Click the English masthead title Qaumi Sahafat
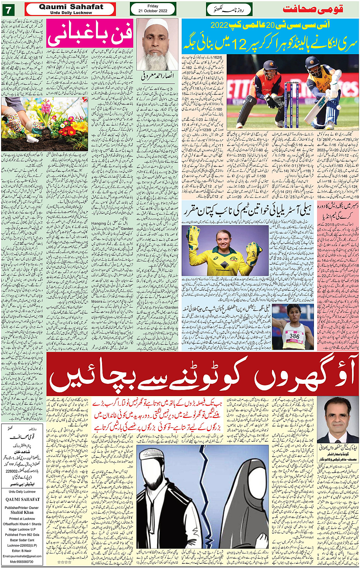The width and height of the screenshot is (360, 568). click(x=71, y=7)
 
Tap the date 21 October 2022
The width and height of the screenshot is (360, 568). click(x=153, y=11)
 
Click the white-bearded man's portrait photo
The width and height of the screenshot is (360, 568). click(x=157, y=44)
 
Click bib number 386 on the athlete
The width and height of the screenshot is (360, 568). click(x=294, y=336)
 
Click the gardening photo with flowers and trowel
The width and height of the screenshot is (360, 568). click(x=44, y=124)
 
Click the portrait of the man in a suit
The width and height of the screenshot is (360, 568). click(x=337, y=419)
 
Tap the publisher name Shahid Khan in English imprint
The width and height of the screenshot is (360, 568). click(x=22, y=512)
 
